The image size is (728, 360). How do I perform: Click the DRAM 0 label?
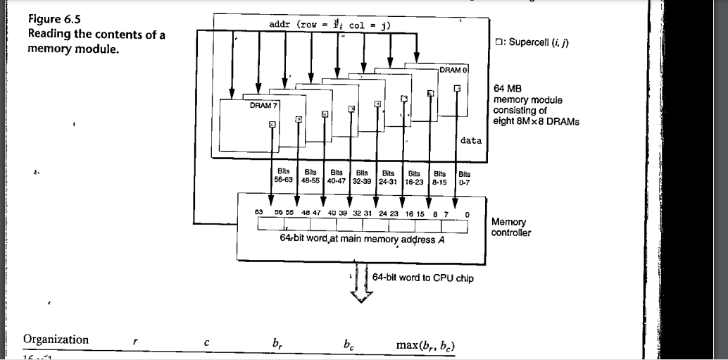453,70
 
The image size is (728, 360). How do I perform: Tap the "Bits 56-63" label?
282,175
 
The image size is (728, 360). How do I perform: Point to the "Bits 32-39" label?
363,175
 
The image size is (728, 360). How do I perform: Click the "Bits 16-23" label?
415,175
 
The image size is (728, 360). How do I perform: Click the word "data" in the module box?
470,141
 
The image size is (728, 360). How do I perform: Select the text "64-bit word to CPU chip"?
422,278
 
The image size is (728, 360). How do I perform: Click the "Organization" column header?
56,340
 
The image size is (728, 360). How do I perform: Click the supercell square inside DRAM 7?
272,125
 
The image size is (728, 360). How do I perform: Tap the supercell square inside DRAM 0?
458,88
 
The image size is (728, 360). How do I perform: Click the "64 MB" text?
508,90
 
